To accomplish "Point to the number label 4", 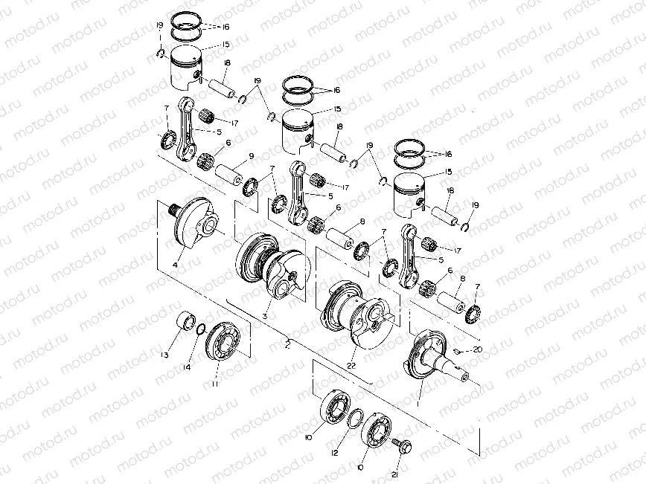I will click(x=176, y=265).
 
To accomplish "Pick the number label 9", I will click(x=252, y=156).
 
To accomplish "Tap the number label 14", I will click(x=188, y=367).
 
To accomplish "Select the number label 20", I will click(x=477, y=349).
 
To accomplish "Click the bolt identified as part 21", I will click(x=402, y=447).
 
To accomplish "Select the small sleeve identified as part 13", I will click(x=183, y=325).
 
